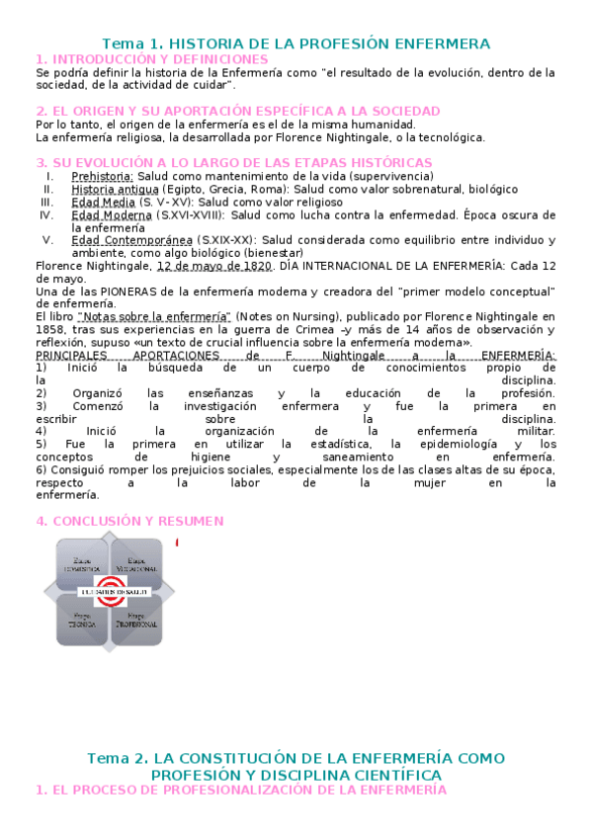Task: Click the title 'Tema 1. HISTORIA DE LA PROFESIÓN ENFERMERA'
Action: pos(296,43)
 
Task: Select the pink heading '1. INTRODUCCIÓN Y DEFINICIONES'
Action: pos(151,59)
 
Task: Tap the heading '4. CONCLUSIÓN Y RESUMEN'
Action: pos(129,521)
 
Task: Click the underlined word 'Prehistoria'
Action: pos(103,176)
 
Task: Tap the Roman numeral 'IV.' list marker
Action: pos(46,214)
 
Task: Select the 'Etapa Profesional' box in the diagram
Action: pos(136,622)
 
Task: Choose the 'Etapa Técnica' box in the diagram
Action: pos(81,622)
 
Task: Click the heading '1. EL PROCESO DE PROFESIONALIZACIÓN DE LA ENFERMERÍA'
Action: pos(241,791)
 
